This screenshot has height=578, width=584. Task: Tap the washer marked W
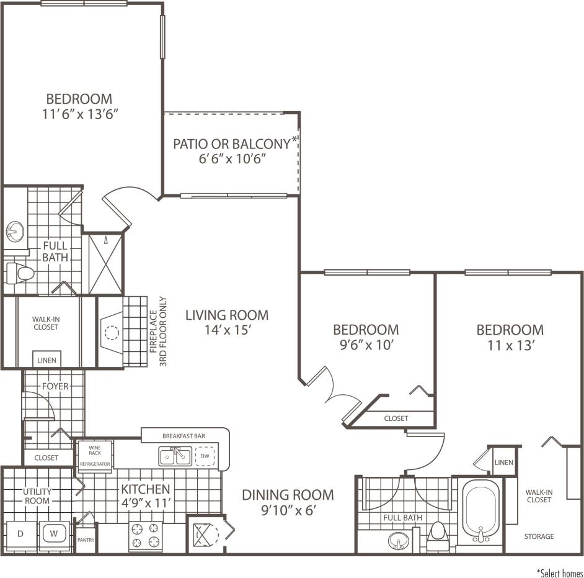click(x=53, y=534)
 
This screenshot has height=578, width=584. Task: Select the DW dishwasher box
click(x=205, y=456)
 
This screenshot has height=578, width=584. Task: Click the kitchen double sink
click(x=174, y=457)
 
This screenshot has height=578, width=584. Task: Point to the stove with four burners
click(x=145, y=535)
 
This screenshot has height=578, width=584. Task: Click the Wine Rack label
click(x=95, y=449)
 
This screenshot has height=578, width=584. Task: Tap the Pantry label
click(x=86, y=540)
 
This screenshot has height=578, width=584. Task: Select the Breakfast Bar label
click(x=184, y=436)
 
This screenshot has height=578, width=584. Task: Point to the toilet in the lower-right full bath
click(x=438, y=534)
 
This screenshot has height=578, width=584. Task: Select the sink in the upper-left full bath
click(x=15, y=233)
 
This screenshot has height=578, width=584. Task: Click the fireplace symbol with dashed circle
click(x=111, y=333)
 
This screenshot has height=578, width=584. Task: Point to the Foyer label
click(x=55, y=386)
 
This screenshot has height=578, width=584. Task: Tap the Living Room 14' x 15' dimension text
click(x=227, y=330)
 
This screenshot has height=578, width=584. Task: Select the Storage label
click(x=539, y=536)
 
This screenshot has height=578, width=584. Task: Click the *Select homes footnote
click(x=559, y=572)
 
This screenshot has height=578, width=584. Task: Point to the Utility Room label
click(x=38, y=496)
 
